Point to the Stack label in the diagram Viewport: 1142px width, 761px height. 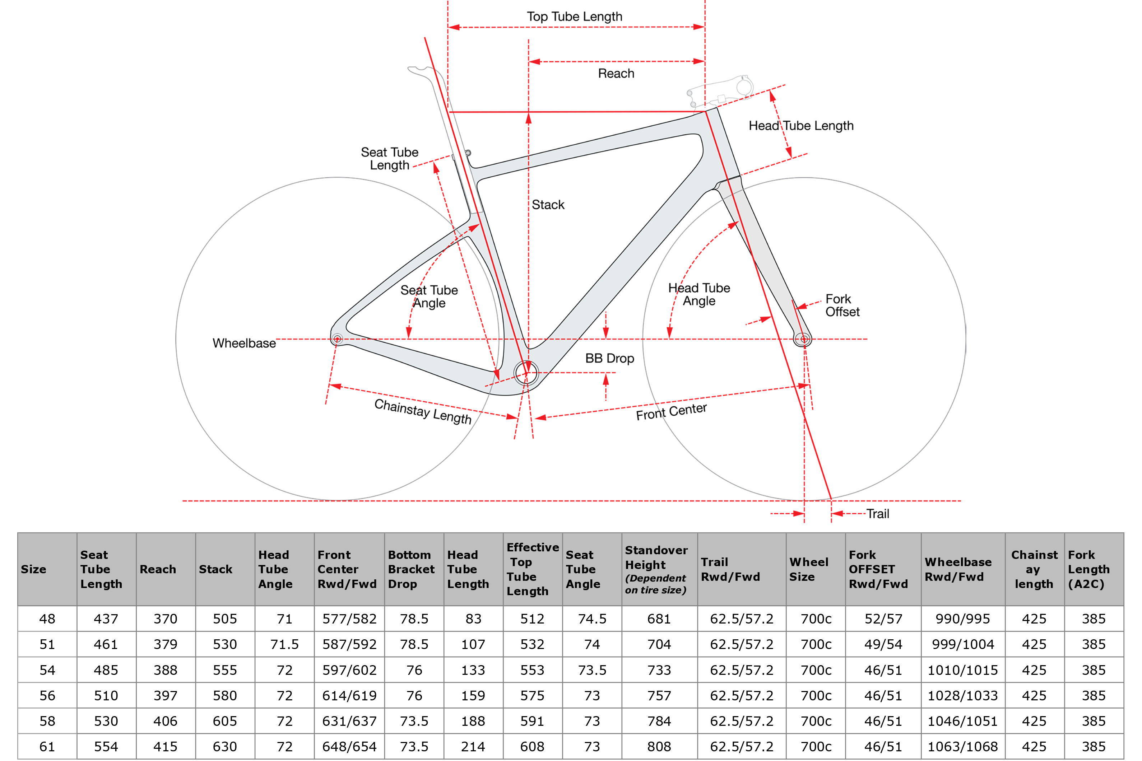(548, 205)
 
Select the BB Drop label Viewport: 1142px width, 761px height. (609, 358)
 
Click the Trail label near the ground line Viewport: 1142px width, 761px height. (878, 513)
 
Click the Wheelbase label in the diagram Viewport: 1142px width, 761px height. (244, 343)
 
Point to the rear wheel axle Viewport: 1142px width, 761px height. (337, 339)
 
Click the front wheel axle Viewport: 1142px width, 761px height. (804, 339)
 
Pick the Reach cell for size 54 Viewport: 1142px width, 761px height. (166, 670)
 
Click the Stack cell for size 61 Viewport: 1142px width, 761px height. (225, 746)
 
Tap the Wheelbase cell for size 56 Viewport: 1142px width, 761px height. (962, 695)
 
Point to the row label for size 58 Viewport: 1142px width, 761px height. (47, 721)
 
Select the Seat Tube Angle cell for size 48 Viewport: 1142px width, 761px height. (592, 619)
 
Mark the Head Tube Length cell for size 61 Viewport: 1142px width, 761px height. (473, 746)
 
